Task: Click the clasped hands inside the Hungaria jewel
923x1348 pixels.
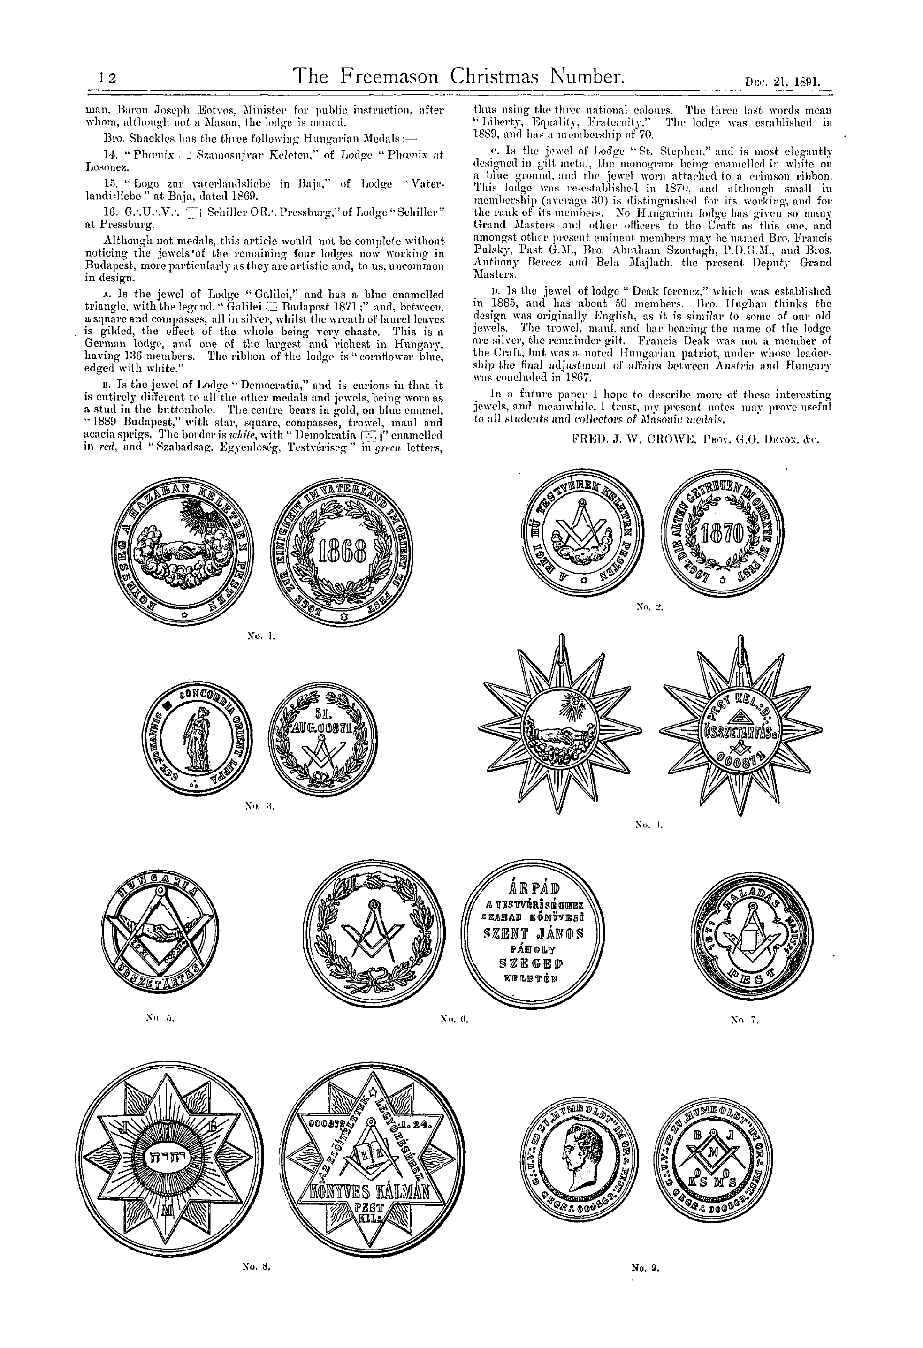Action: pyautogui.click(x=157, y=933)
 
